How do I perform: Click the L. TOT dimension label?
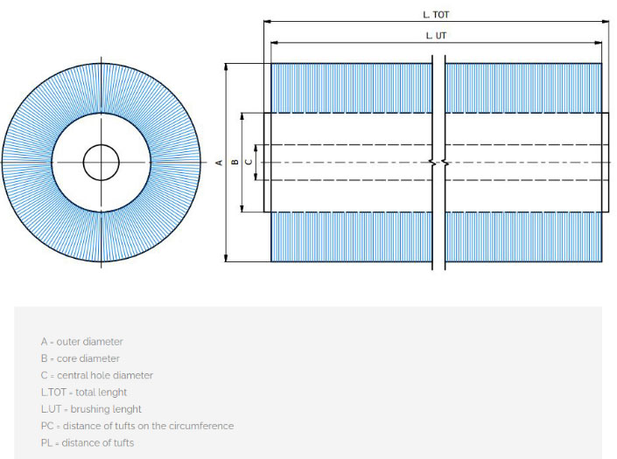coord(436,15)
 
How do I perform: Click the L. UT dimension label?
coord(436,36)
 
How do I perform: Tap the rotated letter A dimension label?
coord(219,163)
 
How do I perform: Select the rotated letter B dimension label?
coord(235,162)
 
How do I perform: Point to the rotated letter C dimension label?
coord(249,162)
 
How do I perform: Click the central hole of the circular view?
coord(102,163)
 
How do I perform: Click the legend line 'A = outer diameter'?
coord(82,342)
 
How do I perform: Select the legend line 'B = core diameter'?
coord(81,358)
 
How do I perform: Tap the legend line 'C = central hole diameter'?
coord(97,375)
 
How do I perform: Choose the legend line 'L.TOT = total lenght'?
coord(84,393)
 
